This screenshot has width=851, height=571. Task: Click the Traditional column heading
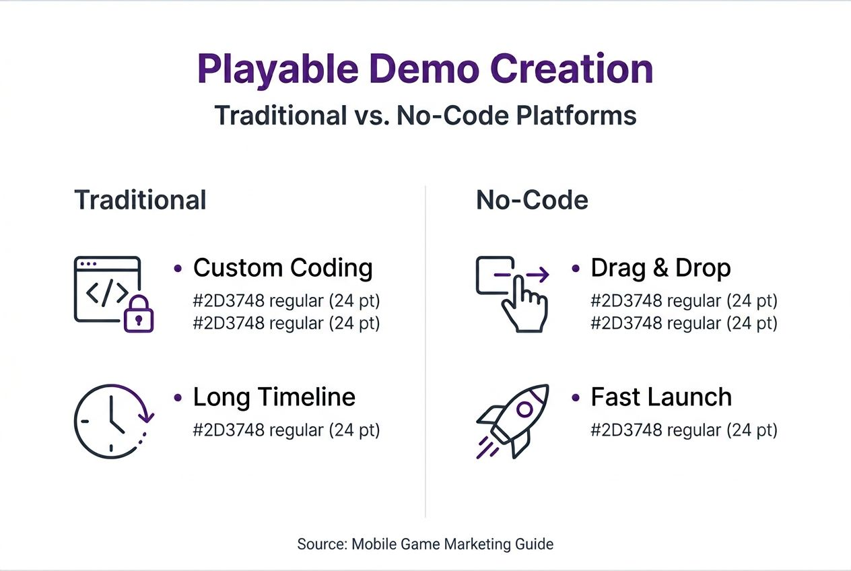click(x=140, y=200)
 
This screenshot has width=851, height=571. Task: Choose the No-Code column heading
click(x=532, y=200)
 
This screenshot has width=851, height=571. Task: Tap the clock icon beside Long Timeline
click(x=109, y=421)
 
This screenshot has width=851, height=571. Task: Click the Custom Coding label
click(x=283, y=268)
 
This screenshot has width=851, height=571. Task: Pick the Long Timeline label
click(x=274, y=397)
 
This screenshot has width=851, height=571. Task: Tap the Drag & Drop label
click(x=660, y=268)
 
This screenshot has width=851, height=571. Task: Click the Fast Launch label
click(x=660, y=397)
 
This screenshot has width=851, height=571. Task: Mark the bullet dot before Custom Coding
click(x=178, y=268)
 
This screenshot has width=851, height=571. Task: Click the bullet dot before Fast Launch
click(x=576, y=397)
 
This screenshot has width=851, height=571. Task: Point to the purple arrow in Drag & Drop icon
click(x=537, y=274)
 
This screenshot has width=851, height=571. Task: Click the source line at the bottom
click(x=425, y=544)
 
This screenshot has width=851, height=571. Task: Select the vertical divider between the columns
click(x=425, y=350)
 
